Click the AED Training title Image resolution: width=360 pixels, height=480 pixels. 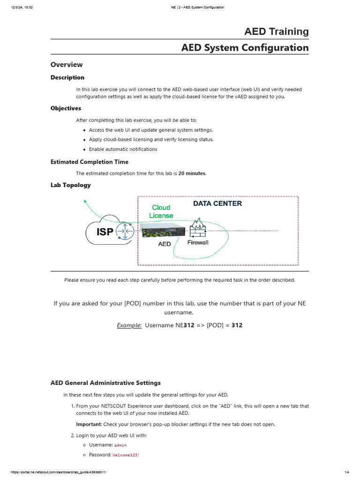pos(276,31)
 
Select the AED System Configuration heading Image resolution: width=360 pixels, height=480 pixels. pos(245,47)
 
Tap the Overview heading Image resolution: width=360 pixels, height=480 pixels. pos(67,65)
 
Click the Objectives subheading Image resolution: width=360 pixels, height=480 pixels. pos(66,108)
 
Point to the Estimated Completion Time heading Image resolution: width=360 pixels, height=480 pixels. pos(89,162)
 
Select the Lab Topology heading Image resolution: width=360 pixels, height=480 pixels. pos(70,185)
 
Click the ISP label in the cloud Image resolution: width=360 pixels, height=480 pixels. pos(105,232)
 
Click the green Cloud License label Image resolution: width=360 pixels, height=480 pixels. pos(161,211)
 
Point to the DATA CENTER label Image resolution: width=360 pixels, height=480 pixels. pos(217,203)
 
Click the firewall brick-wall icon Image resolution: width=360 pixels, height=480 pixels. pos(197,228)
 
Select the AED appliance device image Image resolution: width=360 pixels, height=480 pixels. pos(162,230)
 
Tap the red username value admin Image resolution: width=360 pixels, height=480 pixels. pos(120,445)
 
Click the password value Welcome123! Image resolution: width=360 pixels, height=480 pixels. pos(127,455)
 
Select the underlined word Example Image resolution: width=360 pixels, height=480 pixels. pos(129,325)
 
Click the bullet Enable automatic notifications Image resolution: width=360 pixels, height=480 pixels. pos(123,149)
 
